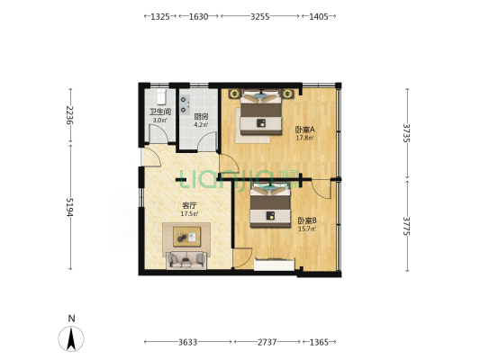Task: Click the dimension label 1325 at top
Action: coord(160,16)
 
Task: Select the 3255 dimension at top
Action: coord(260,16)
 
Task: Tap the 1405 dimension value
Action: coord(319,16)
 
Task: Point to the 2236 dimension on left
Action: coord(70,115)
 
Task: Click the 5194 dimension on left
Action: coord(70,207)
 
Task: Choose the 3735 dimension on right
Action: coord(407,133)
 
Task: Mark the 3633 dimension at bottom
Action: coord(187,342)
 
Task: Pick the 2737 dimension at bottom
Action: coord(267,342)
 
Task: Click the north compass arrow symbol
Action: coord(71,339)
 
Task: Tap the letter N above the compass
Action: coord(71,319)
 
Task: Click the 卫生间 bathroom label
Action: coord(159,112)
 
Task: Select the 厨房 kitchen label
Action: coord(201,116)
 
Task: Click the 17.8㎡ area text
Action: coord(304,138)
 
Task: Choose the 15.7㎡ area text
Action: coord(307,229)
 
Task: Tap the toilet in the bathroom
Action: coord(160,96)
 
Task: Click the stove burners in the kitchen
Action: coord(185,104)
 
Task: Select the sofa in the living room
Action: coord(186,260)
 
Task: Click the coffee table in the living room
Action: coord(186,237)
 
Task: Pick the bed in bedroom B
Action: coord(270,207)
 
